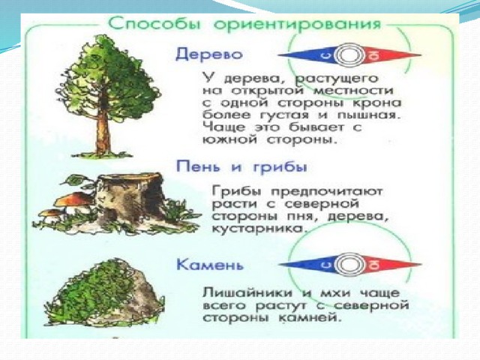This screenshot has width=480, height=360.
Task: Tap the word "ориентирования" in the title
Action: (x=297, y=25)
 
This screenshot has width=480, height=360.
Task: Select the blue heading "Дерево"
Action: (x=209, y=55)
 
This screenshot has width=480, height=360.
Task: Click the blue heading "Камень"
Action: (x=210, y=265)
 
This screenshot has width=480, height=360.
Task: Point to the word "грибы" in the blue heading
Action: (x=279, y=168)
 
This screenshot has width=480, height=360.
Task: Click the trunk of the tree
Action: (x=103, y=135)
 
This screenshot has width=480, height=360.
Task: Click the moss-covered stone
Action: (x=107, y=294)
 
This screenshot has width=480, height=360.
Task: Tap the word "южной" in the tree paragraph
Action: (x=231, y=140)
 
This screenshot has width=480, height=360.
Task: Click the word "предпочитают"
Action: (x=327, y=192)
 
